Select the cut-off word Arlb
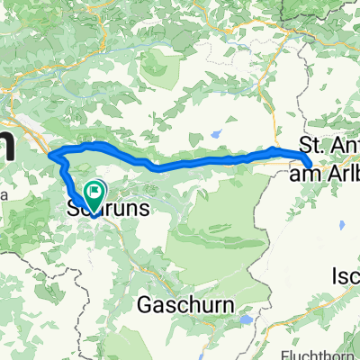343,172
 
